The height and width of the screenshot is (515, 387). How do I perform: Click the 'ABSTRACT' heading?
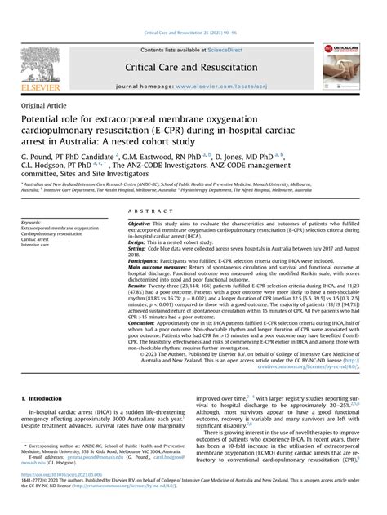tap(145, 210)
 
